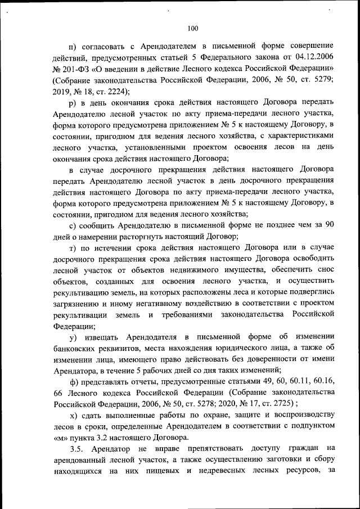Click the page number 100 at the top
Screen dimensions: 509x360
[193, 28]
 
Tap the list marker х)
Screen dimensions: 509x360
[74, 415]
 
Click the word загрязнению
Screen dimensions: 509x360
[79, 303]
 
